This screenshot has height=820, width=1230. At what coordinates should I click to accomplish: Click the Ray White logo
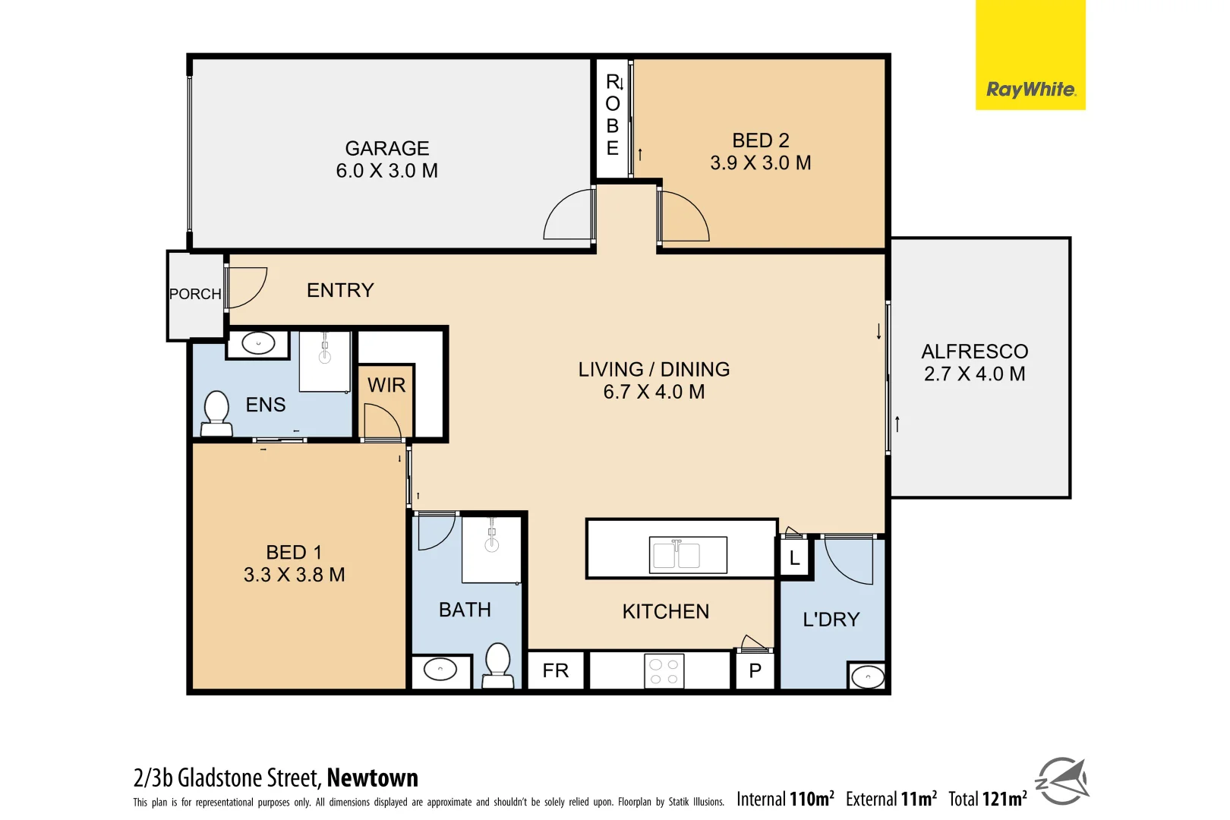click(1030, 90)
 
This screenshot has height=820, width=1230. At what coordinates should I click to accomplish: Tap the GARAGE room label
click(386, 148)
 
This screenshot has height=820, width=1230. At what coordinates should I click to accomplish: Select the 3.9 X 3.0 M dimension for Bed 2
click(760, 163)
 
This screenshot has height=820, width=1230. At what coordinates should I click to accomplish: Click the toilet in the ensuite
click(217, 413)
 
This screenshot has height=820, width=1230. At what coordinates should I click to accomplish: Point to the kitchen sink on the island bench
click(687, 555)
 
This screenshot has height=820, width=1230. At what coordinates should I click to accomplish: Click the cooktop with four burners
click(664, 671)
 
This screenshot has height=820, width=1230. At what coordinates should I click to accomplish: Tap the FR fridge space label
click(555, 670)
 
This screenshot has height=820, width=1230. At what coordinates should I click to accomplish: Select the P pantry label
click(755, 671)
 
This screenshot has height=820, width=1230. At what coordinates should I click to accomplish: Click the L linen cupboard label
click(794, 558)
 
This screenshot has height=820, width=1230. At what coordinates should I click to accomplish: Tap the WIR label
click(386, 386)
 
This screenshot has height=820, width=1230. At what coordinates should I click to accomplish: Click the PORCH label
click(195, 294)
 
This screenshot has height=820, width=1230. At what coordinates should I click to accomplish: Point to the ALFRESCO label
click(974, 352)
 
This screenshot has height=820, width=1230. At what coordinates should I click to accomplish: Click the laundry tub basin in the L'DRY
click(867, 676)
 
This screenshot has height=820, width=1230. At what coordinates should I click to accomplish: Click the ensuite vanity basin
click(258, 344)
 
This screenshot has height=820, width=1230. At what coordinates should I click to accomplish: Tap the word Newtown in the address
click(372, 778)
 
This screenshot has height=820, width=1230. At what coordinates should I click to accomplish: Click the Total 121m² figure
click(987, 799)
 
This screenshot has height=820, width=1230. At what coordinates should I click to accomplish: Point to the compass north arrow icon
click(1062, 781)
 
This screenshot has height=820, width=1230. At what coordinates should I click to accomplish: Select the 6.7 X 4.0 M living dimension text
click(654, 392)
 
